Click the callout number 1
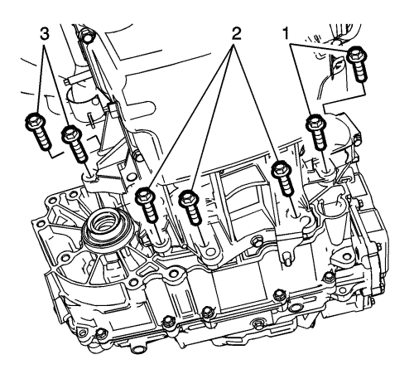click(x=286, y=33)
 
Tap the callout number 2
click(x=234, y=34)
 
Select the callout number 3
click(x=44, y=34)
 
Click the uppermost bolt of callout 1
click(x=358, y=65)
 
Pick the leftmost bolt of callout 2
click(x=148, y=204)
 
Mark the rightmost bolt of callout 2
click(x=282, y=178)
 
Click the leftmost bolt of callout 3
click(x=39, y=131)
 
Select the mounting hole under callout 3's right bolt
click(x=89, y=176)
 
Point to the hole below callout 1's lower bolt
click(x=329, y=172)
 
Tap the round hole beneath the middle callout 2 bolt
click(x=210, y=252)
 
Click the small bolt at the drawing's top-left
click(x=85, y=36)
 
